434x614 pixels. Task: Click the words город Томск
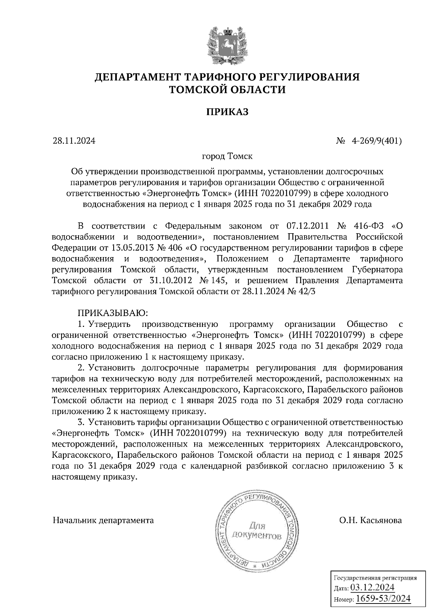(x=227, y=157)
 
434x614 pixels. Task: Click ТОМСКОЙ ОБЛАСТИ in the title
(x=227, y=89)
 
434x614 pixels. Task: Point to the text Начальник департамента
(x=103, y=520)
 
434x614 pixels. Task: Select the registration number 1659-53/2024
(x=383, y=599)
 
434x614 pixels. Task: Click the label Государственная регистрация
(x=374, y=578)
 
